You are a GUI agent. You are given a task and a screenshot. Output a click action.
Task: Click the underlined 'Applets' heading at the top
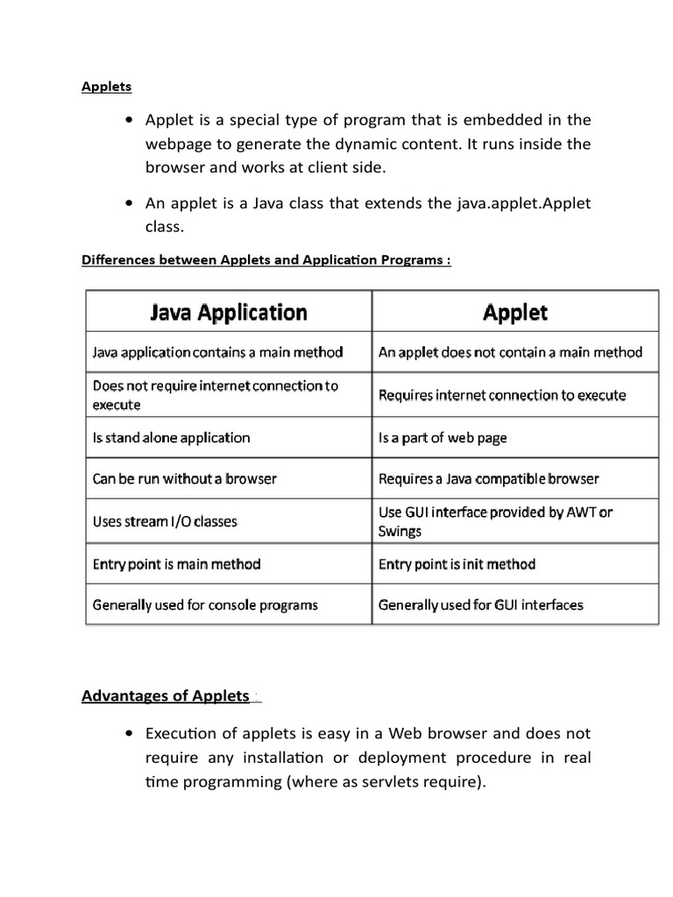click(x=106, y=86)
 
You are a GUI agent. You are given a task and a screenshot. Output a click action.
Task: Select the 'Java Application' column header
click(x=230, y=313)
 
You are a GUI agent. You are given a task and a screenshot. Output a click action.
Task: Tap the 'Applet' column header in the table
click(x=514, y=313)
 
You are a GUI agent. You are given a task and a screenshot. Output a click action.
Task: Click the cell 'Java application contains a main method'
click(x=217, y=353)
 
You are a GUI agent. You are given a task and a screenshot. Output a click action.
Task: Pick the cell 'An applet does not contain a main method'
click(x=510, y=353)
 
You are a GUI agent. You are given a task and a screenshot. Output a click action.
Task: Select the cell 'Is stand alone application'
click(x=171, y=437)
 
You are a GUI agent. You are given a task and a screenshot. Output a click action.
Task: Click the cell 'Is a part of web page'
click(x=443, y=437)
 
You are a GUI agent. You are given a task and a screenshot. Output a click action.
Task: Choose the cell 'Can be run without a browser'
click(x=184, y=479)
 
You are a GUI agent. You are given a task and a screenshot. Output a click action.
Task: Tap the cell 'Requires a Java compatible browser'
click(x=488, y=479)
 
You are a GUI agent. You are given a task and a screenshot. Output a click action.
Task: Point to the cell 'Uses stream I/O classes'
click(x=165, y=521)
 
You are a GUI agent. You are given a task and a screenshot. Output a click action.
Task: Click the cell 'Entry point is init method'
click(x=457, y=564)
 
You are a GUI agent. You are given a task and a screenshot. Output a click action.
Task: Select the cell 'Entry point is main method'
click(x=176, y=564)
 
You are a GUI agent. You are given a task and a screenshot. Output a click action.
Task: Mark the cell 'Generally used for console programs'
click(x=205, y=604)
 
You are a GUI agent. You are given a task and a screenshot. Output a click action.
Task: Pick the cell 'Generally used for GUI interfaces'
click(x=480, y=604)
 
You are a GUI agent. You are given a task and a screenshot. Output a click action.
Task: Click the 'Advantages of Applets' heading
click(x=166, y=696)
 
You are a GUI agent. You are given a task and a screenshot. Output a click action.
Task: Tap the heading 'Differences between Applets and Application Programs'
click(x=266, y=260)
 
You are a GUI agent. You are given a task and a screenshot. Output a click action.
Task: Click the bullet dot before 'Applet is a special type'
click(x=131, y=120)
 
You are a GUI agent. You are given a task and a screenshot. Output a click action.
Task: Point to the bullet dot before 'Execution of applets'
click(x=131, y=733)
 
